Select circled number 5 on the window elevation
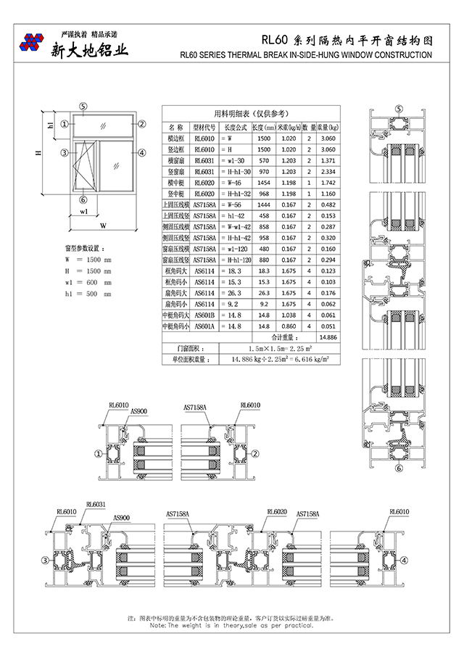83,106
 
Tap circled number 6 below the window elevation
83,199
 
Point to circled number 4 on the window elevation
142,153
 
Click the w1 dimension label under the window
84,212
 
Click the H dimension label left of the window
38,153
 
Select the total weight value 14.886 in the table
328,337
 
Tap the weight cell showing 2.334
328,171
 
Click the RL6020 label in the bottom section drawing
277,511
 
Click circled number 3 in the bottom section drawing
44,560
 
